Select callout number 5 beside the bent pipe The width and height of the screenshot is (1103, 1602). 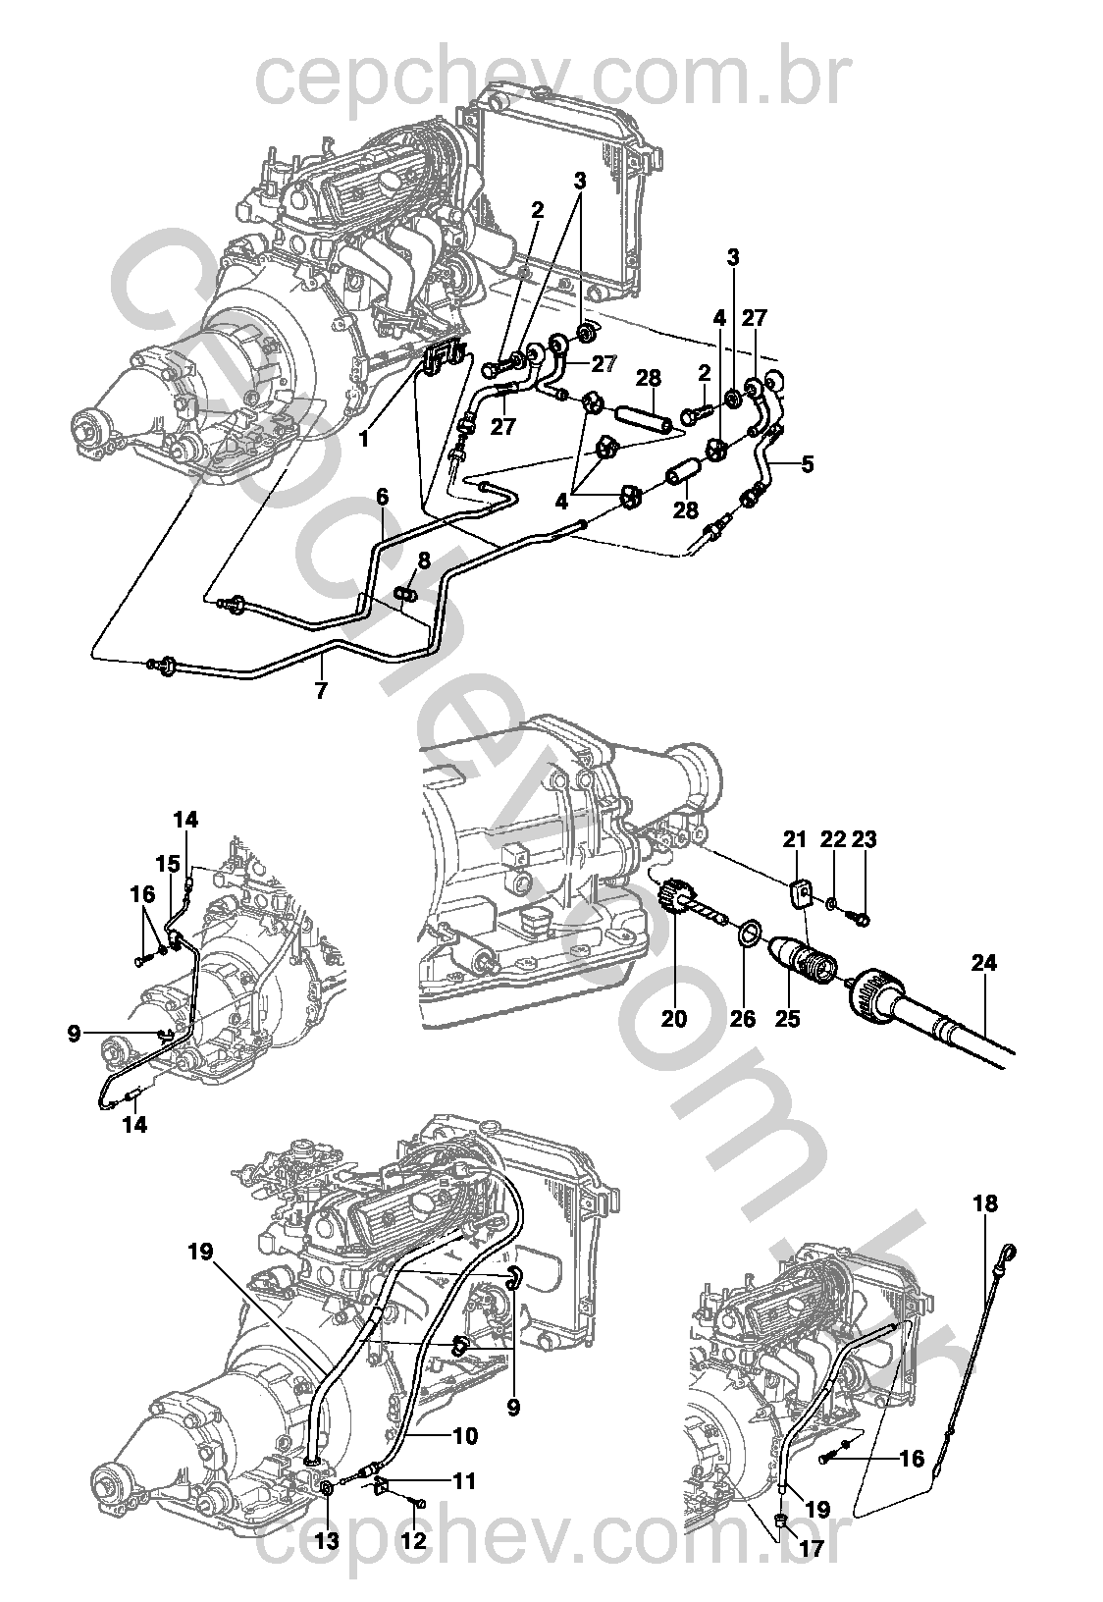(807, 464)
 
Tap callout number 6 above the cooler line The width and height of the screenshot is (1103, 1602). (382, 497)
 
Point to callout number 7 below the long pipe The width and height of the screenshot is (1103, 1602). (321, 690)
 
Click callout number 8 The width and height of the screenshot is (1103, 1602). (424, 561)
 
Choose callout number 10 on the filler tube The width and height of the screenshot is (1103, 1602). (465, 1436)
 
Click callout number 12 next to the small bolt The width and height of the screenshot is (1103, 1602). (414, 1540)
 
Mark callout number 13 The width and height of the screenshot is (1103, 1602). (326, 1540)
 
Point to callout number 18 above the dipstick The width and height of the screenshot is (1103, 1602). (985, 1203)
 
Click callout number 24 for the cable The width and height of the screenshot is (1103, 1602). (984, 964)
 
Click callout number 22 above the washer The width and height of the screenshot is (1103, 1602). (832, 839)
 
